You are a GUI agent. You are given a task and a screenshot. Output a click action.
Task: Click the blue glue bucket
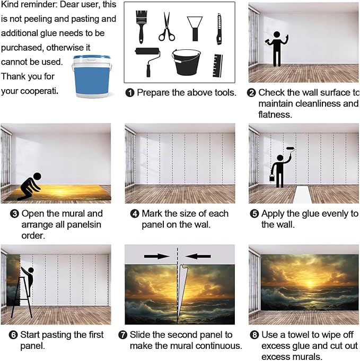pyautogui.click(x=92, y=76)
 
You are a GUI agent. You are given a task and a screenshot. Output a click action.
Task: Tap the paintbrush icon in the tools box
pyautogui.click(x=141, y=27)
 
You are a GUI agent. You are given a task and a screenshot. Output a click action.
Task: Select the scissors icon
pyautogui.click(x=166, y=27)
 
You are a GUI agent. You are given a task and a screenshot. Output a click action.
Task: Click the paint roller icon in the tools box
pyautogui.click(x=147, y=61)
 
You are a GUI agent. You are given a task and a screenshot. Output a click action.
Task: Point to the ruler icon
pyautogui.click(x=218, y=66)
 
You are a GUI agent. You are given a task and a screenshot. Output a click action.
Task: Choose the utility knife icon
pyautogui.click(x=219, y=29)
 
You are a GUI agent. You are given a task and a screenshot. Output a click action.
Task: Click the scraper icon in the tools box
pyautogui.click(x=195, y=29)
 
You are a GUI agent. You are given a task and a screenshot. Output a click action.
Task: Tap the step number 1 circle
pyautogui.click(x=130, y=93)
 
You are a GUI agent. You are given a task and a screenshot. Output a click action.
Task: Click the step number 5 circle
pyautogui.click(x=254, y=214)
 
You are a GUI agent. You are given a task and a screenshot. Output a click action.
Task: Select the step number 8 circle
pyautogui.click(x=254, y=334)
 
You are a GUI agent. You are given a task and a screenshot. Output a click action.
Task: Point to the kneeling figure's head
pyautogui.click(x=37, y=177)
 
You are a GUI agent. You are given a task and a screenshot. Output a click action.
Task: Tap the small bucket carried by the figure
pyautogui.click(x=272, y=178)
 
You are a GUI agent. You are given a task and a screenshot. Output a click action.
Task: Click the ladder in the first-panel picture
pyautogui.click(x=21, y=297)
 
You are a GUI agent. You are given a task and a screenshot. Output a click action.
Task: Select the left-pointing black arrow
pyautogui.click(x=198, y=256)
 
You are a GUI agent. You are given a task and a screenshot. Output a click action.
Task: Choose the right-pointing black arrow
pyautogui.click(x=157, y=256)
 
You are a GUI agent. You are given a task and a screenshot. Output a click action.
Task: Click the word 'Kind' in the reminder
pyautogui.click(x=9, y=4)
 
